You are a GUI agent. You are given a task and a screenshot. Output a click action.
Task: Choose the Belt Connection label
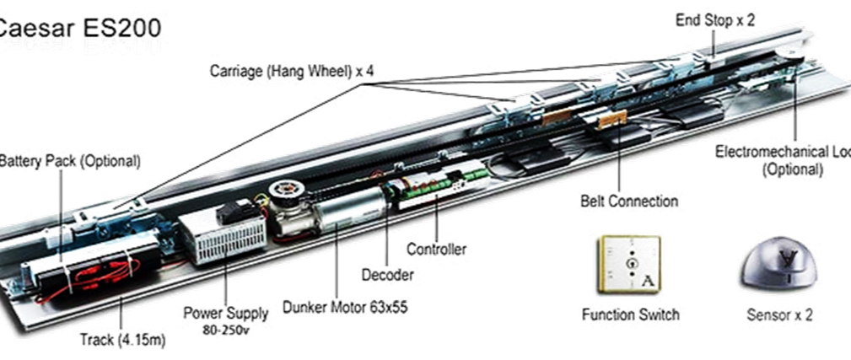[x=628, y=202]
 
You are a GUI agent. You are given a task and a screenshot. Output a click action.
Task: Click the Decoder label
[x=388, y=277]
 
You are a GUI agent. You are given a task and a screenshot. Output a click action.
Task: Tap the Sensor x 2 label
[x=781, y=314]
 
